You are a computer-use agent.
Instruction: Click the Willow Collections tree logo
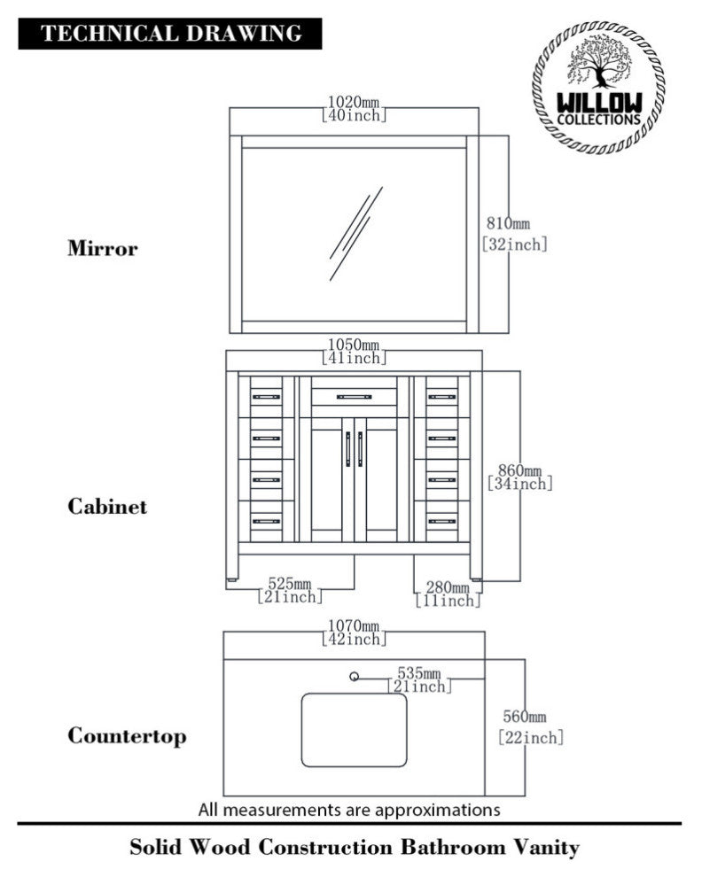pyautogui.click(x=598, y=88)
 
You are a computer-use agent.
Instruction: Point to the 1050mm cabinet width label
pyautogui.click(x=354, y=345)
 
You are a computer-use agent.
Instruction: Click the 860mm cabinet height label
pyautogui.click(x=519, y=470)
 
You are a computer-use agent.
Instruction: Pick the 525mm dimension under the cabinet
pyautogui.click(x=289, y=584)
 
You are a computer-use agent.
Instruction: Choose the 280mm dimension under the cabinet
pyautogui.click(x=448, y=587)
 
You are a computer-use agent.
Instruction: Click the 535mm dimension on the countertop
pyautogui.click(x=419, y=673)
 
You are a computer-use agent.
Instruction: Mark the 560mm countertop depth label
pyautogui.click(x=525, y=717)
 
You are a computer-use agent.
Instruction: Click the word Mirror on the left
pyautogui.click(x=103, y=249)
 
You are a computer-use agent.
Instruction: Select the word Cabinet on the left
pyautogui.click(x=107, y=508)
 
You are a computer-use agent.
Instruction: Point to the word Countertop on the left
pyautogui.click(x=127, y=736)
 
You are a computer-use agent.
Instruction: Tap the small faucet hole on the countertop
pyautogui.click(x=355, y=678)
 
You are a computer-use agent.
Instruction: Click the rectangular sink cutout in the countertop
pyautogui.click(x=354, y=730)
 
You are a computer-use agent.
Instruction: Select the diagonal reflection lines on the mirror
pyautogui.click(x=355, y=233)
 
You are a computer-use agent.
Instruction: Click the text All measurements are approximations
pyautogui.click(x=349, y=809)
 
